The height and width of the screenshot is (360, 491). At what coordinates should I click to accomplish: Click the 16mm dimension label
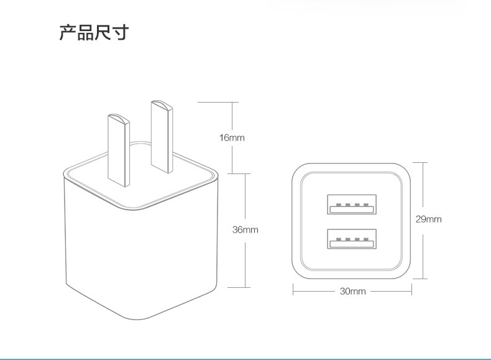click(x=232, y=137)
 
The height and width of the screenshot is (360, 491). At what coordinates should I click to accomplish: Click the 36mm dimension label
click(x=245, y=230)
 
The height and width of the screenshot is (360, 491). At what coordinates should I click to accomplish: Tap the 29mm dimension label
click(x=428, y=219)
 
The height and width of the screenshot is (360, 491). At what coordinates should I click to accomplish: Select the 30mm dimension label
click(x=352, y=290)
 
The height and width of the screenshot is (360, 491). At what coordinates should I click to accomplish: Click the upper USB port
click(x=352, y=204)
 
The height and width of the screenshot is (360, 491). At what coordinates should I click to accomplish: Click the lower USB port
click(x=352, y=239)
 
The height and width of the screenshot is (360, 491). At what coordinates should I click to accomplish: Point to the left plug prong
click(x=119, y=149)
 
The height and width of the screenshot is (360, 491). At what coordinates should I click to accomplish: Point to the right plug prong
click(x=161, y=136)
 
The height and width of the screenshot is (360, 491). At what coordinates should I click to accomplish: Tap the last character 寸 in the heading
click(x=120, y=32)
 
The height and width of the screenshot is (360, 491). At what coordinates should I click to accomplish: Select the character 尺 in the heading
click(x=103, y=32)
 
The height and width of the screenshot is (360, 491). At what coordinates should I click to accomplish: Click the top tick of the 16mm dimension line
click(x=232, y=102)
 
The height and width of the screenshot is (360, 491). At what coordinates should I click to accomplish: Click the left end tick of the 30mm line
click(x=293, y=290)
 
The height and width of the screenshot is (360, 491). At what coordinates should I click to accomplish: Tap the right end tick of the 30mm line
click(x=411, y=290)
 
